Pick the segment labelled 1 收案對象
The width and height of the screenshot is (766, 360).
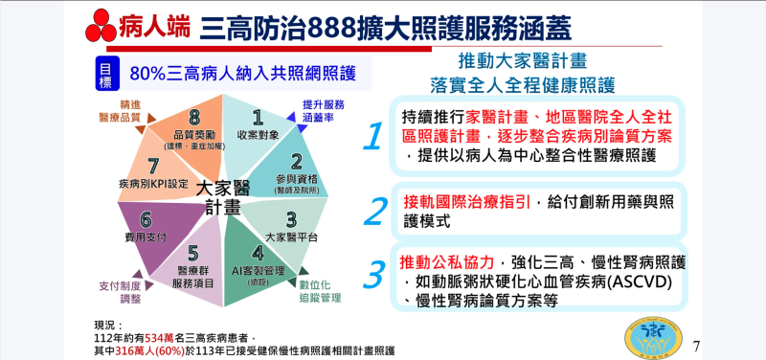pos(257,124)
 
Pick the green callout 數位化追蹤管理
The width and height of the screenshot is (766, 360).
pos(320,291)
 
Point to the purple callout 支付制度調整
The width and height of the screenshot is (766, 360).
pos(120,292)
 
